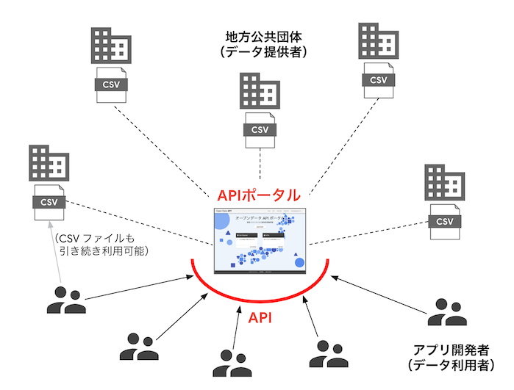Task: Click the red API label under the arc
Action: (x=260, y=318)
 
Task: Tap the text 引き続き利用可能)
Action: (x=104, y=253)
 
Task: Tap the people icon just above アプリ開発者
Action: (x=447, y=312)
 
